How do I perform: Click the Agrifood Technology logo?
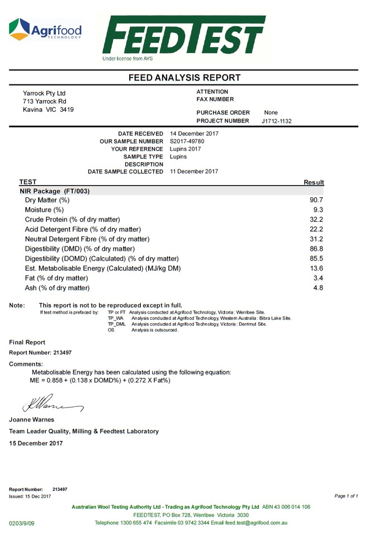(x=45, y=29)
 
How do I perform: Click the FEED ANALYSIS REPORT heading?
(x=184, y=78)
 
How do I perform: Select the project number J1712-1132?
(x=276, y=121)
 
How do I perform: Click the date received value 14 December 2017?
(x=193, y=134)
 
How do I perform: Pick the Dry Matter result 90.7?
(x=316, y=200)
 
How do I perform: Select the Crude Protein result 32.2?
(x=316, y=219)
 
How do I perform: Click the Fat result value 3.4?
(x=319, y=278)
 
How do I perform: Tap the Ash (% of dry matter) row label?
(x=57, y=288)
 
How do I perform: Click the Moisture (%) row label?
(x=44, y=210)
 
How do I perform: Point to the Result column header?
(x=314, y=182)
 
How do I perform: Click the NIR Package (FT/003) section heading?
(x=54, y=191)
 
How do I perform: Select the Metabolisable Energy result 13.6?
(x=316, y=268)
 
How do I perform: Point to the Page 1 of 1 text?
(x=346, y=496)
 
